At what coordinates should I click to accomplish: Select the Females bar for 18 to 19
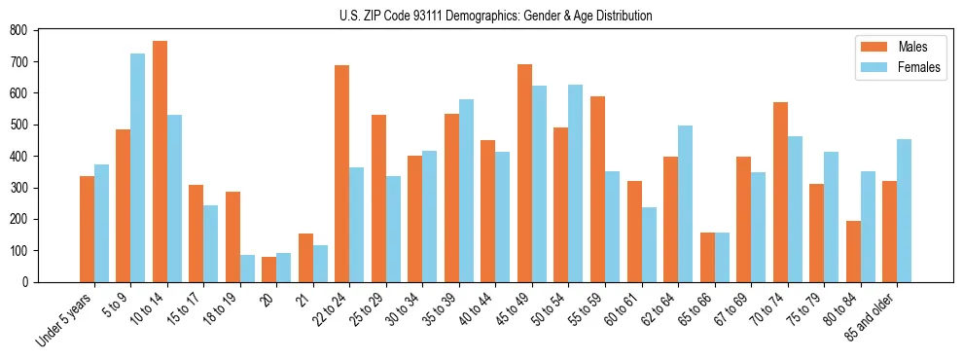(247, 269)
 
